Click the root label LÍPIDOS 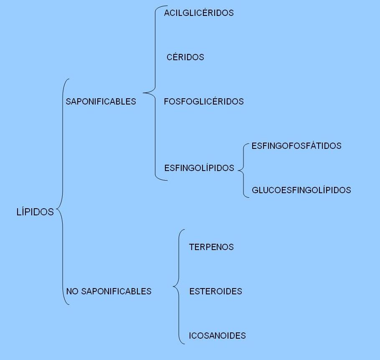[x=35, y=212]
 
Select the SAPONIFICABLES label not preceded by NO [x=101, y=102]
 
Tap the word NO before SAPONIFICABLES [x=72, y=291]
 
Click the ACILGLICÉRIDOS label [x=199, y=13]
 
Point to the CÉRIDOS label [x=185, y=57]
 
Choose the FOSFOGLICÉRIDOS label [x=204, y=101]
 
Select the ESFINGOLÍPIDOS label [x=199, y=168]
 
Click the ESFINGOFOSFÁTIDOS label [x=296, y=146]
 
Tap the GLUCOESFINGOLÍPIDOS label [x=301, y=190]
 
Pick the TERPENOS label [x=211, y=247]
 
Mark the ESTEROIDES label [x=216, y=291]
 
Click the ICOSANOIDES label [x=218, y=335]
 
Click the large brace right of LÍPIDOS [x=63, y=191]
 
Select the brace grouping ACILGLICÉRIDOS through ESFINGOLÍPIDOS [x=155, y=93]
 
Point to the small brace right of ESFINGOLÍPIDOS [x=243, y=171]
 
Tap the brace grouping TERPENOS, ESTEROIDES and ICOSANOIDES [x=179, y=286]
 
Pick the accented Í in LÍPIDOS [x=23, y=212]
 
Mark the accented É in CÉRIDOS [x=176, y=57]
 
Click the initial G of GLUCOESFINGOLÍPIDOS [x=255, y=190]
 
